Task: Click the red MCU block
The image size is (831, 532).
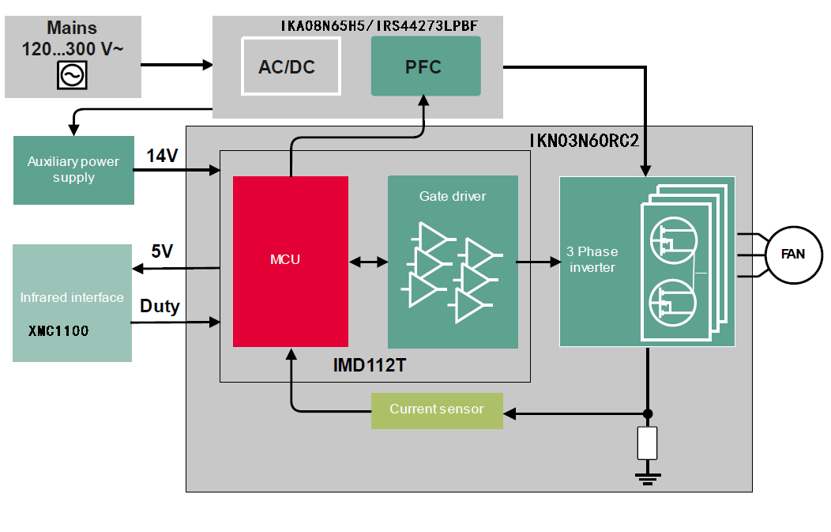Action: click(290, 261)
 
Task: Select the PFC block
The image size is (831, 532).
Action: click(425, 66)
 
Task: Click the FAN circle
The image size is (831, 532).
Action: click(792, 255)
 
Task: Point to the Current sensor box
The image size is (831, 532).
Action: click(437, 409)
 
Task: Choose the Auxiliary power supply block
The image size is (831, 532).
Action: click(73, 170)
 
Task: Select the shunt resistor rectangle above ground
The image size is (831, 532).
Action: click(648, 443)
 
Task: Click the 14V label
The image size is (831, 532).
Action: click(162, 156)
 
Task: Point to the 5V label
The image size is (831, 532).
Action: click(162, 251)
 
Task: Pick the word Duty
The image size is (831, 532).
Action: click(160, 306)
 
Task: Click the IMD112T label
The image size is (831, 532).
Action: click(370, 366)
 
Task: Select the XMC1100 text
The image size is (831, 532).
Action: click(58, 331)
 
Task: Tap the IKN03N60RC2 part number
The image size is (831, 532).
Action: click(584, 140)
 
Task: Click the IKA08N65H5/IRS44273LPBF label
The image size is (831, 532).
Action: click(378, 26)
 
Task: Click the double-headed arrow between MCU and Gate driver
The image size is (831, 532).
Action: click(367, 261)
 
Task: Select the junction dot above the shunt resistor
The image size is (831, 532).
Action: click(648, 413)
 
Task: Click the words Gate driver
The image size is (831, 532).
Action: click(453, 196)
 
